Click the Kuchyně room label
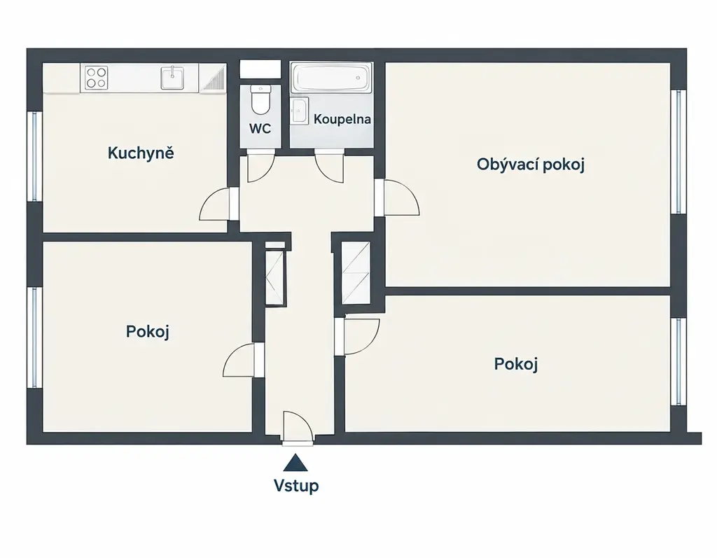click(x=141, y=153)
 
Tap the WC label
click(x=260, y=129)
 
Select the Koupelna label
click(x=342, y=120)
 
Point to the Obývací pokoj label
click(x=531, y=165)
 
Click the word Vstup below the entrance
click(x=296, y=485)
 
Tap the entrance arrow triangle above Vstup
click(x=295, y=463)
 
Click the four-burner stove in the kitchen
click(x=97, y=77)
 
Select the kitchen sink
click(x=173, y=78)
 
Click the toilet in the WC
click(x=260, y=99)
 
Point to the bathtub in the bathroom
click(x=331, y=78)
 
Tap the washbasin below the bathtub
click(x=300, y=110)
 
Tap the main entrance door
click(x=298, y=426)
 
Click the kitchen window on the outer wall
click(x=34, y=156)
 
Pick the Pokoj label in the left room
click(x=148, y=332)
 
